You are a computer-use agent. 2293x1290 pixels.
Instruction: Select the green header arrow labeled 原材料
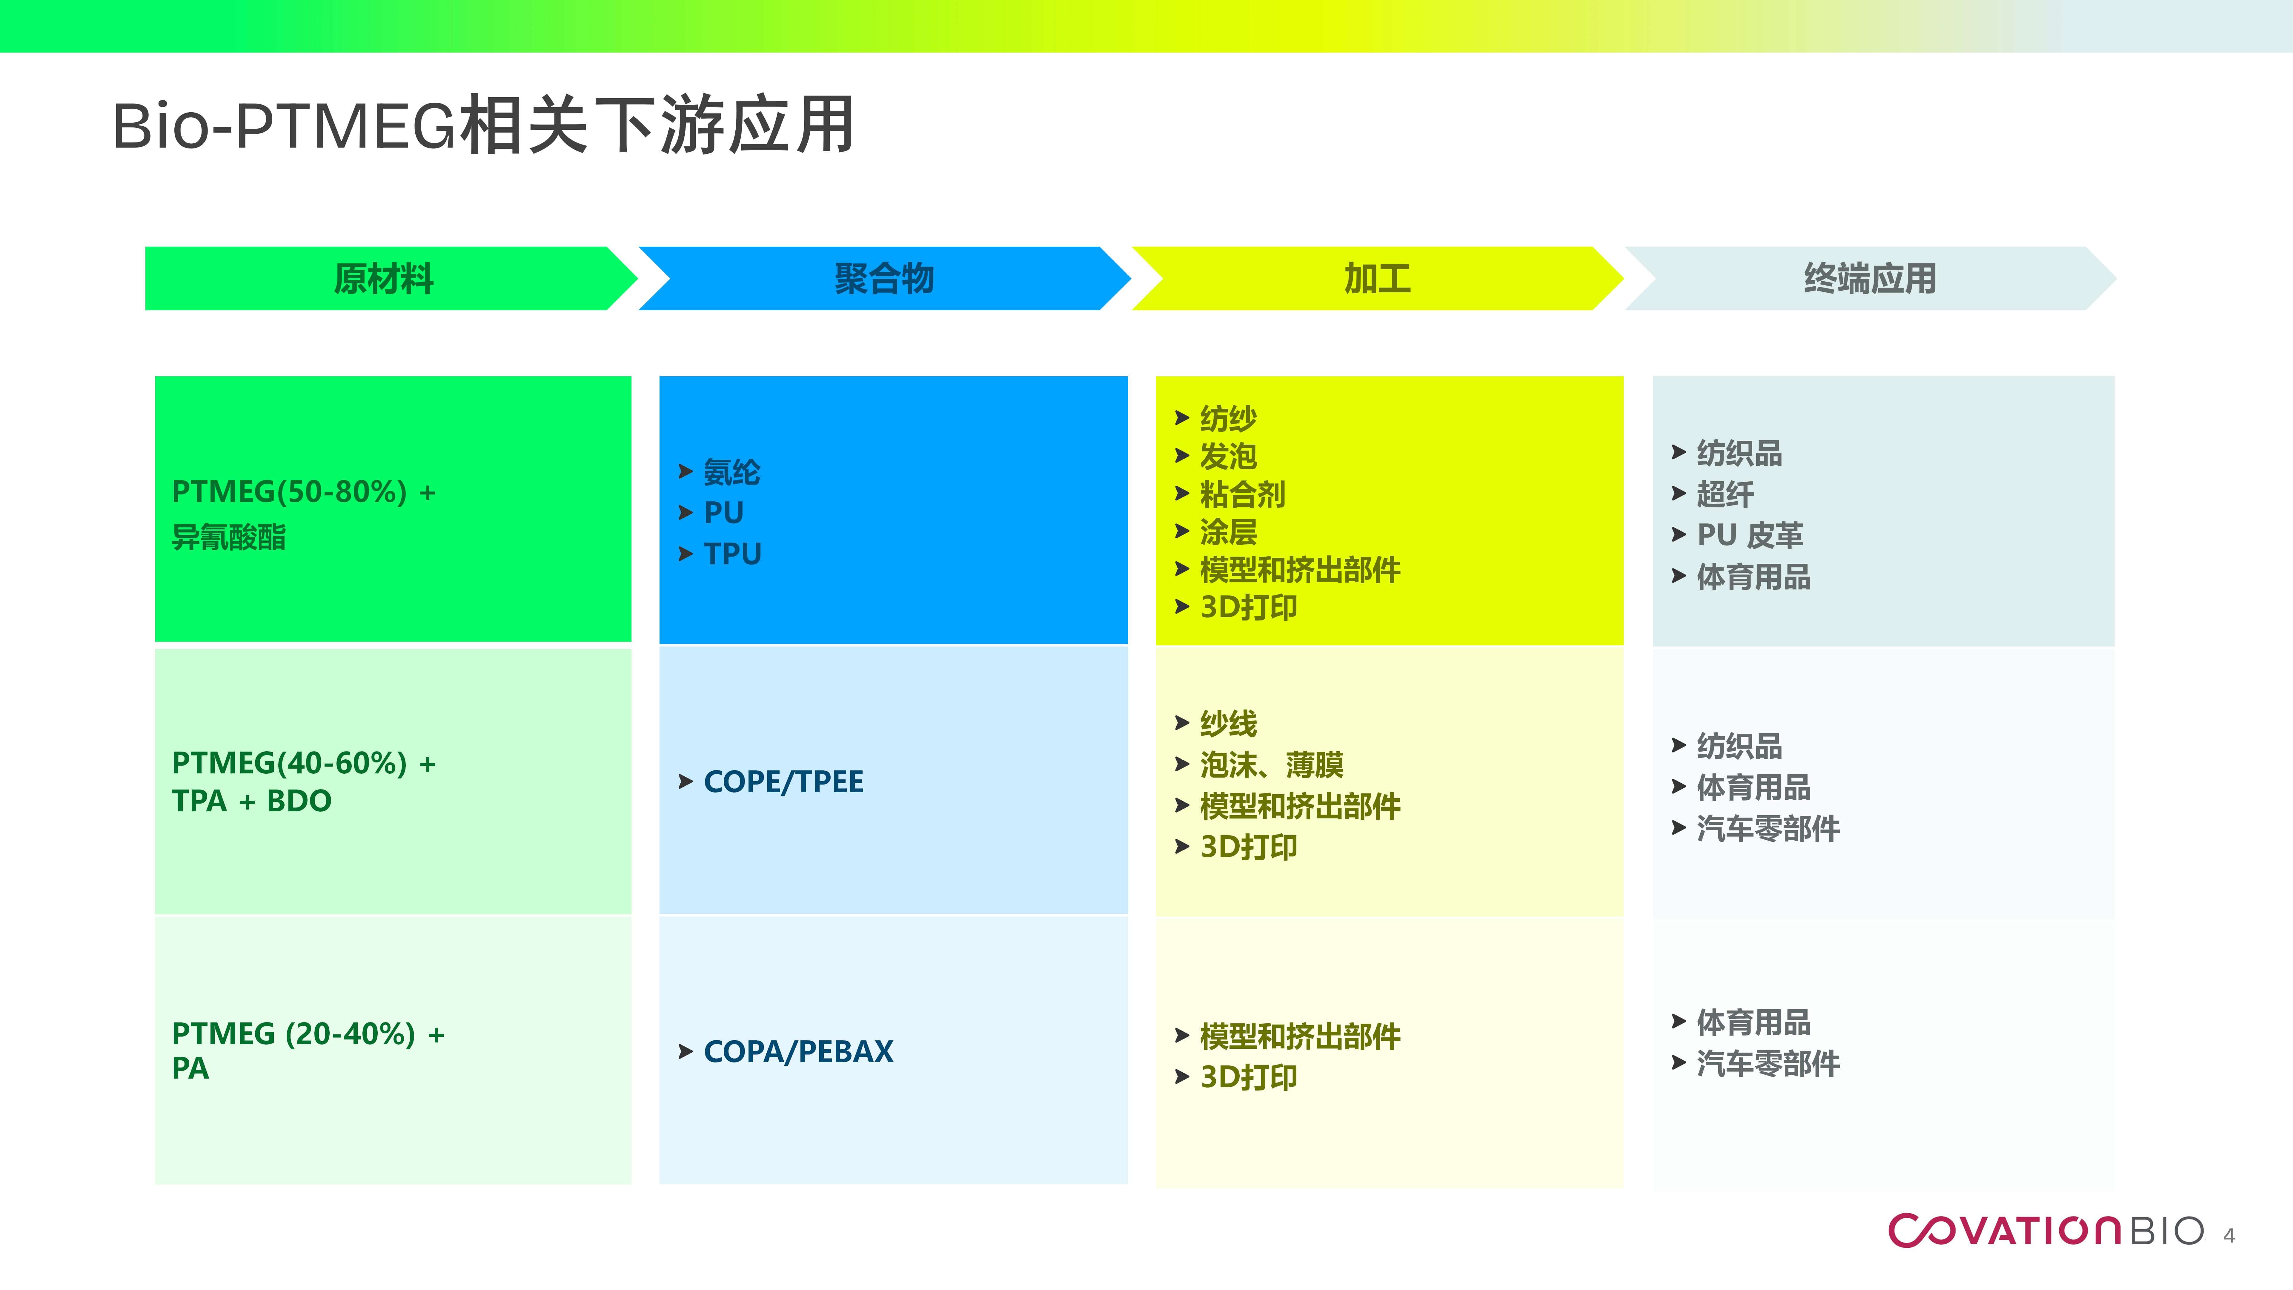click(x=384, y=279)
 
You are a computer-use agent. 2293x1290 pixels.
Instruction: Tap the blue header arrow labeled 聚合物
click(x=884, y=279)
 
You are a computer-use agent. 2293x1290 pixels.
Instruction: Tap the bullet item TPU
click(x=732, y=554)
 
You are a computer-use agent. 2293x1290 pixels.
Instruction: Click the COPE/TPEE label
click(x=783, y=782)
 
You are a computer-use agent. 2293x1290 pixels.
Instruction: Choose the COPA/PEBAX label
click(x=797, y=1051)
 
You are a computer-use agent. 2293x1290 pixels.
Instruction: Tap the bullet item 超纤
click(x=1724, y=494)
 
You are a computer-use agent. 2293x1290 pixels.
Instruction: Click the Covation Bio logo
click(x=2045, y=1231)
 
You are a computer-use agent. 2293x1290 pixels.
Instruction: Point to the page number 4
click(x=2229, y=1236)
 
